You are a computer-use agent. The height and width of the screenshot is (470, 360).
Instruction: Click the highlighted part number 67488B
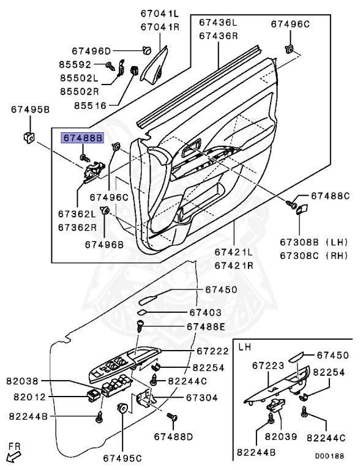(x=81, y=138)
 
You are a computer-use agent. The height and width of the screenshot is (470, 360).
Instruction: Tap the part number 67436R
(x=217, y=35)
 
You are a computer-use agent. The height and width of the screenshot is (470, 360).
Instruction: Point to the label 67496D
(x=91, y=51)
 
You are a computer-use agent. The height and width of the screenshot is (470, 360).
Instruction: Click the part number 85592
(x=75, y=64)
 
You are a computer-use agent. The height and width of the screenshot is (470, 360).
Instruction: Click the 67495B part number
(x=30, y=110)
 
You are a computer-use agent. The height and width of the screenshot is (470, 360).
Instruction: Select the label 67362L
(x=77, y=214)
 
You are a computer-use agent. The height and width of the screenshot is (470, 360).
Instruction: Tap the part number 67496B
(x=104, y=244)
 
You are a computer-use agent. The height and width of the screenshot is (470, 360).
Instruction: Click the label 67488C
(x=329, y=196)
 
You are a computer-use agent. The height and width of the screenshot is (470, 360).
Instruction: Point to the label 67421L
(x=233, y=252)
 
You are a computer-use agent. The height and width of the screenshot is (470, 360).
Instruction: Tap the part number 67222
(x=212, y=351)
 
